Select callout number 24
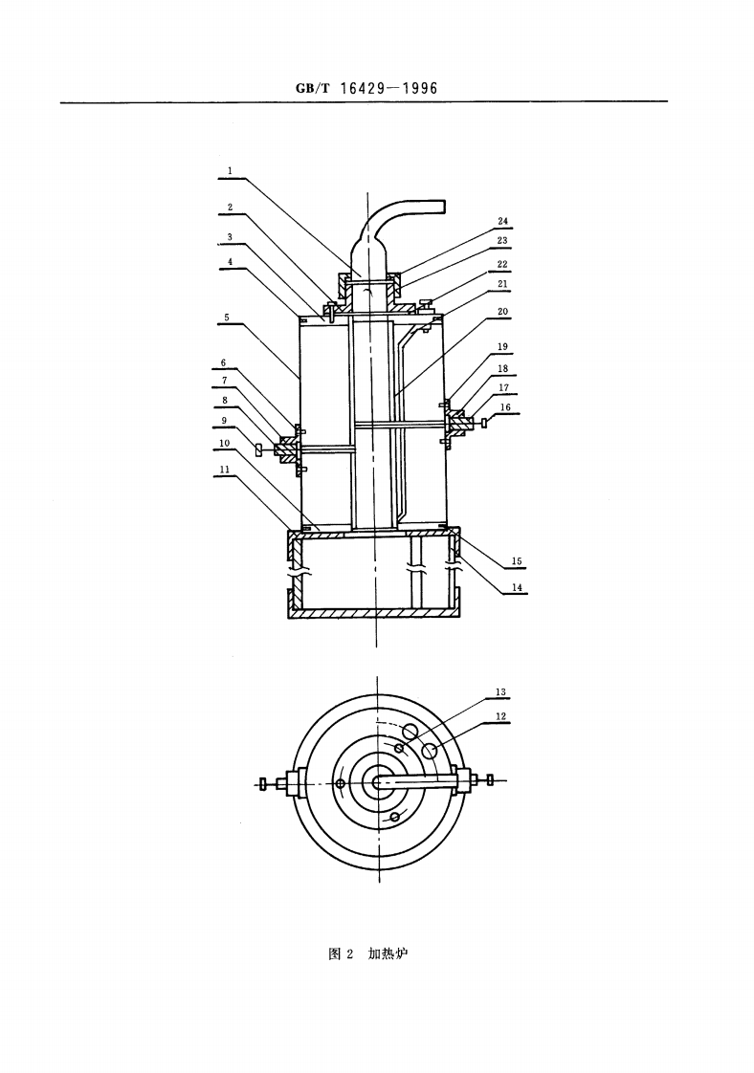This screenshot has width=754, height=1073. pyautogui.click(x=502, y=222)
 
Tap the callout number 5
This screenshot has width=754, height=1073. pyautogui.click(x=226, y=316)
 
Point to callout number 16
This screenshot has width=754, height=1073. pyautogui.click(x=505, y=406)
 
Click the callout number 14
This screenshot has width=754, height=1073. pyautogui.click(x=517, y=588)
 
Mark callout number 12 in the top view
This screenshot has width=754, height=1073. pyautogui.click(x=500, y=715)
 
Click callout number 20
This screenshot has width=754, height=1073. pyautogui.click(x=502, y=312)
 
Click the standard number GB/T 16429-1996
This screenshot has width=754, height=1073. pyautogui.click(x=366, y=88)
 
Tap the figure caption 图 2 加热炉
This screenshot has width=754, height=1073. pyautogui.click(x=367, y=953)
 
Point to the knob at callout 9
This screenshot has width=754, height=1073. pyautogui.click(x=258, y=449)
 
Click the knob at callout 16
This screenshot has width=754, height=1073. pyautogui.click(x=488, y=422)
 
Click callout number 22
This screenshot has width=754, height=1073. pyautogui.click(x=502, y=264)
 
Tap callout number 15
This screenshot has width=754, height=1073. pyautogui.click(x=517, y=561)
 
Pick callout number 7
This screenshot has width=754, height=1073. pyautogui.click(x=226, y=380)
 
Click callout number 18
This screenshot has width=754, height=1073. pyautogui.click(x=502, y=367)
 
